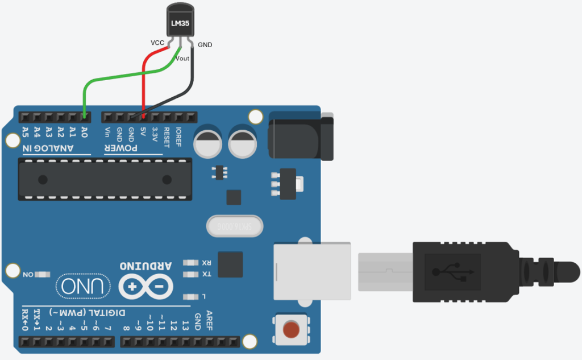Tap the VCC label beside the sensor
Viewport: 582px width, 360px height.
[x=157, y=43]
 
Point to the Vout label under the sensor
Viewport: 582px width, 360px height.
[x=182, y=58]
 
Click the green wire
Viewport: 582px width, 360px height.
[x=114, y=76]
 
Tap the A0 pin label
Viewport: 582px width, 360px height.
[x=84, y=133]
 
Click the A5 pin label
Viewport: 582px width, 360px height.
[x=25, y=133]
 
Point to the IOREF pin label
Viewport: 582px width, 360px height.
[x=178, y=136]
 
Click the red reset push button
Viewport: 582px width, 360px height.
[x=290, y=329]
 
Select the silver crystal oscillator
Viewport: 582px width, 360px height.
[x=235, y=226]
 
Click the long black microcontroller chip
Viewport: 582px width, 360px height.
[x=105, y=179]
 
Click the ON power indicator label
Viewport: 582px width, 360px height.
[x=28, y=275]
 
